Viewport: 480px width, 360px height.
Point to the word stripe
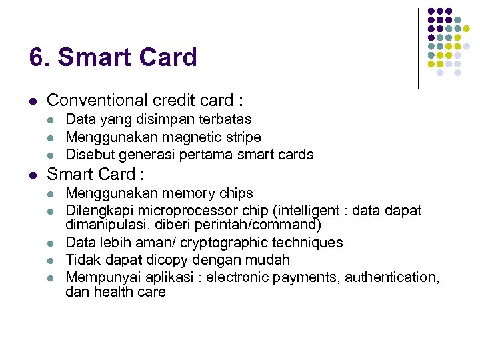click(241, 137)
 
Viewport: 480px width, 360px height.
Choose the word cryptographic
click(227, 243)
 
